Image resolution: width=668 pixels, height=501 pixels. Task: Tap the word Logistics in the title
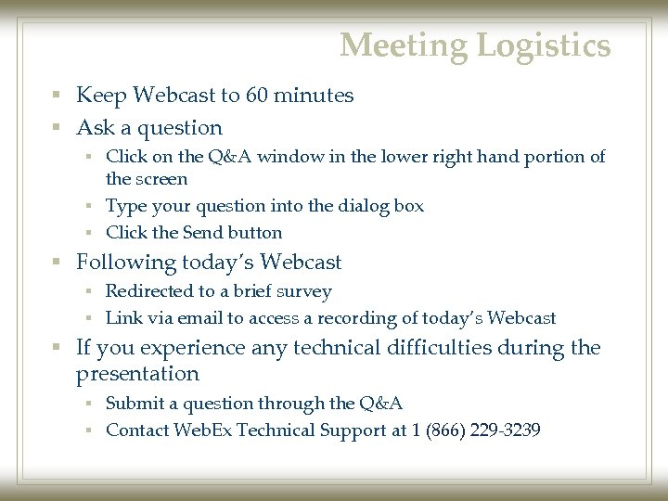pos(546,45)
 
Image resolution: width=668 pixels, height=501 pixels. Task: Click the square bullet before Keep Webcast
pos(58,96)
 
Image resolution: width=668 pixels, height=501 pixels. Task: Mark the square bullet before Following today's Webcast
pos(58,263)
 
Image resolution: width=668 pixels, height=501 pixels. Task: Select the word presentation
pos(137,374)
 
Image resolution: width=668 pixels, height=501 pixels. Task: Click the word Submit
pos(135,403)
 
